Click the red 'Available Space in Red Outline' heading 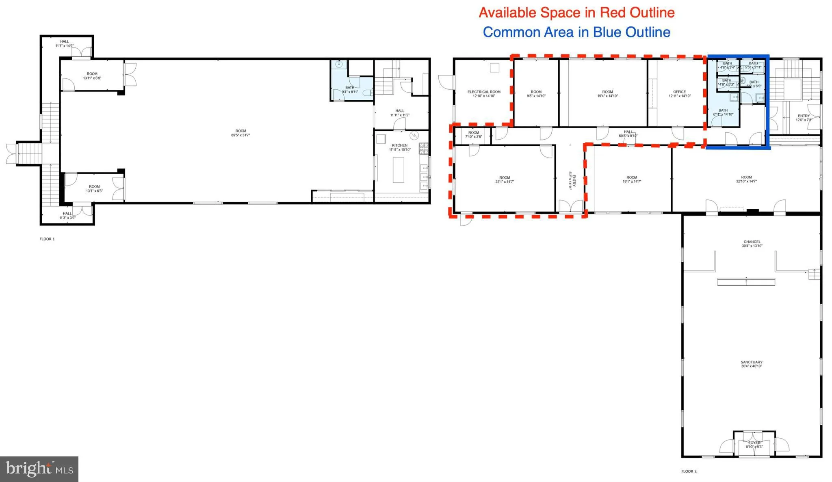[576, 13]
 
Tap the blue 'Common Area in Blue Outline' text [576, 32]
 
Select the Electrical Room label [484, 94]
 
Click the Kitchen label [400, 147]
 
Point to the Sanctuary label [752, 364]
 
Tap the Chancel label [752, 244]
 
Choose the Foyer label [754, 445]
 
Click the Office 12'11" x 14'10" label [679, 94]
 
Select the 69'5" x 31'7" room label [241, 133]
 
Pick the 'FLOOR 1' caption [47, 239]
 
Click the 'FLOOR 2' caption [689, 471]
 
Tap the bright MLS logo [39, 469]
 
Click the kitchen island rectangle [398, 170]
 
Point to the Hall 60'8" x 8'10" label [628, 134]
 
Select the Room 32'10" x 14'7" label [746, 179]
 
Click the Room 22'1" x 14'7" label [505, 179]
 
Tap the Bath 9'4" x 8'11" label [350, 90]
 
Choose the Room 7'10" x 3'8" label [474, 134]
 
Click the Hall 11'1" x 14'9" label [65, 43]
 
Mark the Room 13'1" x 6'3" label [94, 188]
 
